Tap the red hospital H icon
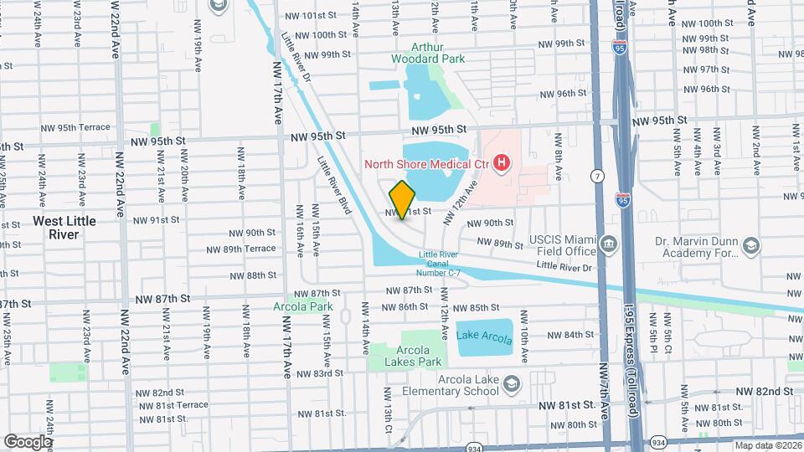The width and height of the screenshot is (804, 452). (x=502, y=162)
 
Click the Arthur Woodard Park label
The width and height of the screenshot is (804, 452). (x=430, y=53)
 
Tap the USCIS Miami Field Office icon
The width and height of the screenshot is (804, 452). (x=609, y=246)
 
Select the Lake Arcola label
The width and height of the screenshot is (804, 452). (x=484, y=336)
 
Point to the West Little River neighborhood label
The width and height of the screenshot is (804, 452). (x=64, y=227)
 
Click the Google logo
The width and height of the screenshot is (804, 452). (x=28, y=441)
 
